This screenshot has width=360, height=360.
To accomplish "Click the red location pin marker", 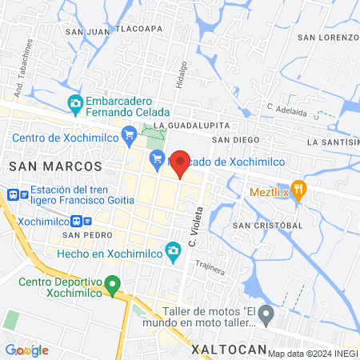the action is point(181,162).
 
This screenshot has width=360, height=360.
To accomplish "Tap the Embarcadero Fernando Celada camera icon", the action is point(75,102).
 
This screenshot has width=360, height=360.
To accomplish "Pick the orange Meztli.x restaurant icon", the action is point(299,189).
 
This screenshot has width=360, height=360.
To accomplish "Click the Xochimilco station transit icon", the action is point(76,222).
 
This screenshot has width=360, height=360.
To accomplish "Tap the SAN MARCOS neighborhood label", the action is point(55,166).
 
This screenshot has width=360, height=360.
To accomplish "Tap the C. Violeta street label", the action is point(192,226).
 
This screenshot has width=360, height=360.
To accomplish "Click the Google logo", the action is point(26,350).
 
